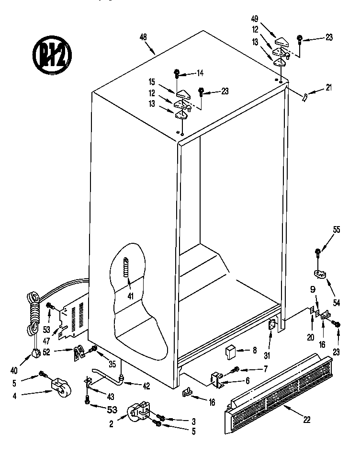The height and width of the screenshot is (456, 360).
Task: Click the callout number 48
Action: (143, 37)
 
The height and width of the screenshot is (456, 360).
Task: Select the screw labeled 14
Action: (177, 74)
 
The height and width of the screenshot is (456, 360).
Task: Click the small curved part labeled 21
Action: (304, 97)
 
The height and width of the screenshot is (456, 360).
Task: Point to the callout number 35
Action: (112, 364)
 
